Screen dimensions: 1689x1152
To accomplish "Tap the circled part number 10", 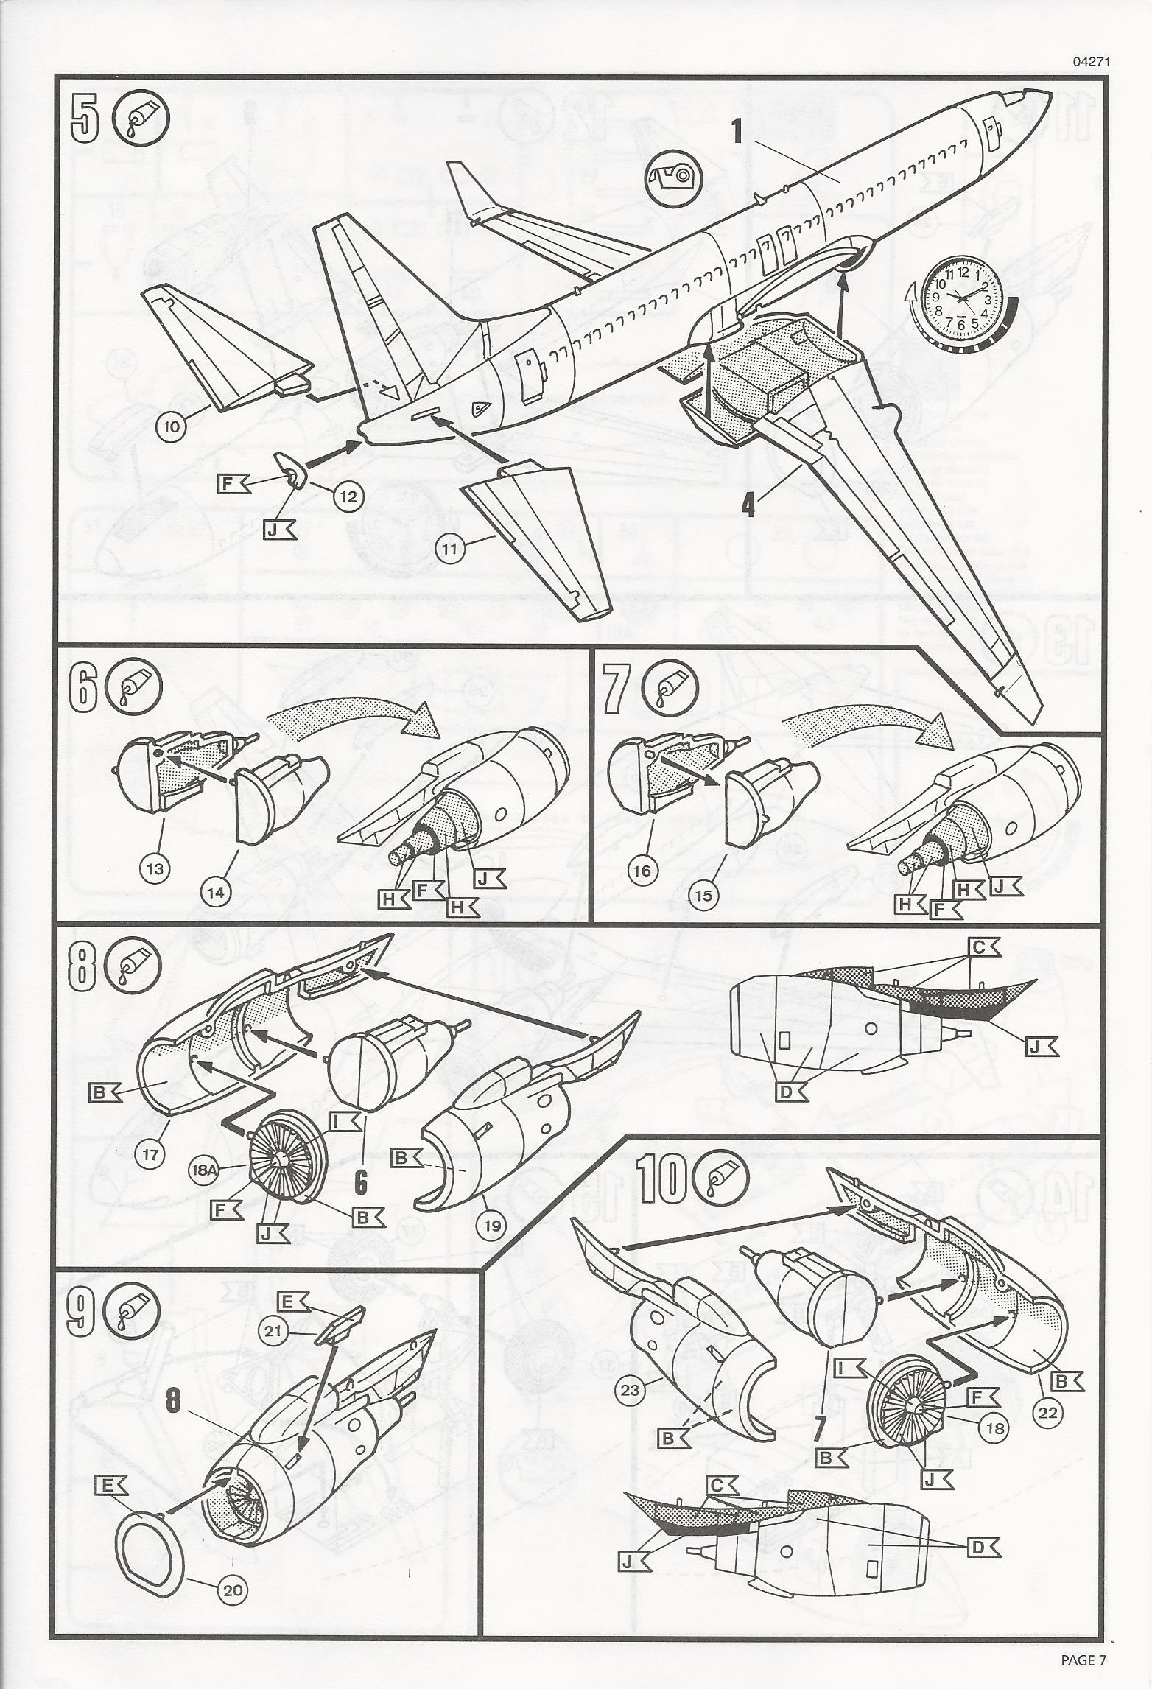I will pos(172,429).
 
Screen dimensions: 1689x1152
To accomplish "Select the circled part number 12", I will pos(348,496).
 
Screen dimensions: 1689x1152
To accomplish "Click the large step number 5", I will pos(85,119).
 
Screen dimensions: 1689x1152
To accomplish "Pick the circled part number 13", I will pos(155,868).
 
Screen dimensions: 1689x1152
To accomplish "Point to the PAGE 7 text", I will pos(1083,1654).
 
